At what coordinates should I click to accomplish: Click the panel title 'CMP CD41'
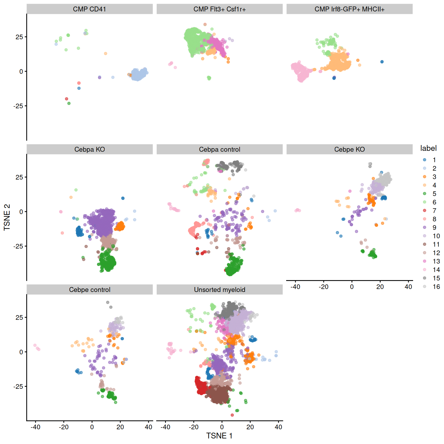pos(89,9)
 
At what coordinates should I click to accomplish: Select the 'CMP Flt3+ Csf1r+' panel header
pos(219,9)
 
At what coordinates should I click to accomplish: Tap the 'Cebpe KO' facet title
pos(349,149)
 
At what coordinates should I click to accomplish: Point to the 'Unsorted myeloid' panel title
pos(219,290)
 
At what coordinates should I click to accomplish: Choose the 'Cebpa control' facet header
pos(219,149)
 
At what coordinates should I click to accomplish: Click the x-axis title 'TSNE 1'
pos(219,436)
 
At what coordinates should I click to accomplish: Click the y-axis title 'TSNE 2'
pos(7,217)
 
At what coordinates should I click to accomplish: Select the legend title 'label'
pos(428,148)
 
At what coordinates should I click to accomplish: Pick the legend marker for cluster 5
pos(424,194)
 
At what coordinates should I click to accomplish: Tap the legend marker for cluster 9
pos(424,227)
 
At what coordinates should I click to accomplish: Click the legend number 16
pos(436,287)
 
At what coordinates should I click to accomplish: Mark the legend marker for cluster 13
pos(424,261)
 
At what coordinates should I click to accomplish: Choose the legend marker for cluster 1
pos(424,160)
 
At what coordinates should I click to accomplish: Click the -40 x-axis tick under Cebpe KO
pos(295,287)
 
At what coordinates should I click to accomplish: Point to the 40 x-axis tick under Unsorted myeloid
pos(278,427)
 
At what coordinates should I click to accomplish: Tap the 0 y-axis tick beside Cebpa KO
pos(21,212)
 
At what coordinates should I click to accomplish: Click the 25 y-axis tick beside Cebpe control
pos(19,317)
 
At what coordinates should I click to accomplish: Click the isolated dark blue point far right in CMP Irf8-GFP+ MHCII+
pos(382,62)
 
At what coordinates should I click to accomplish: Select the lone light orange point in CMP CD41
pos(106,53)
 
